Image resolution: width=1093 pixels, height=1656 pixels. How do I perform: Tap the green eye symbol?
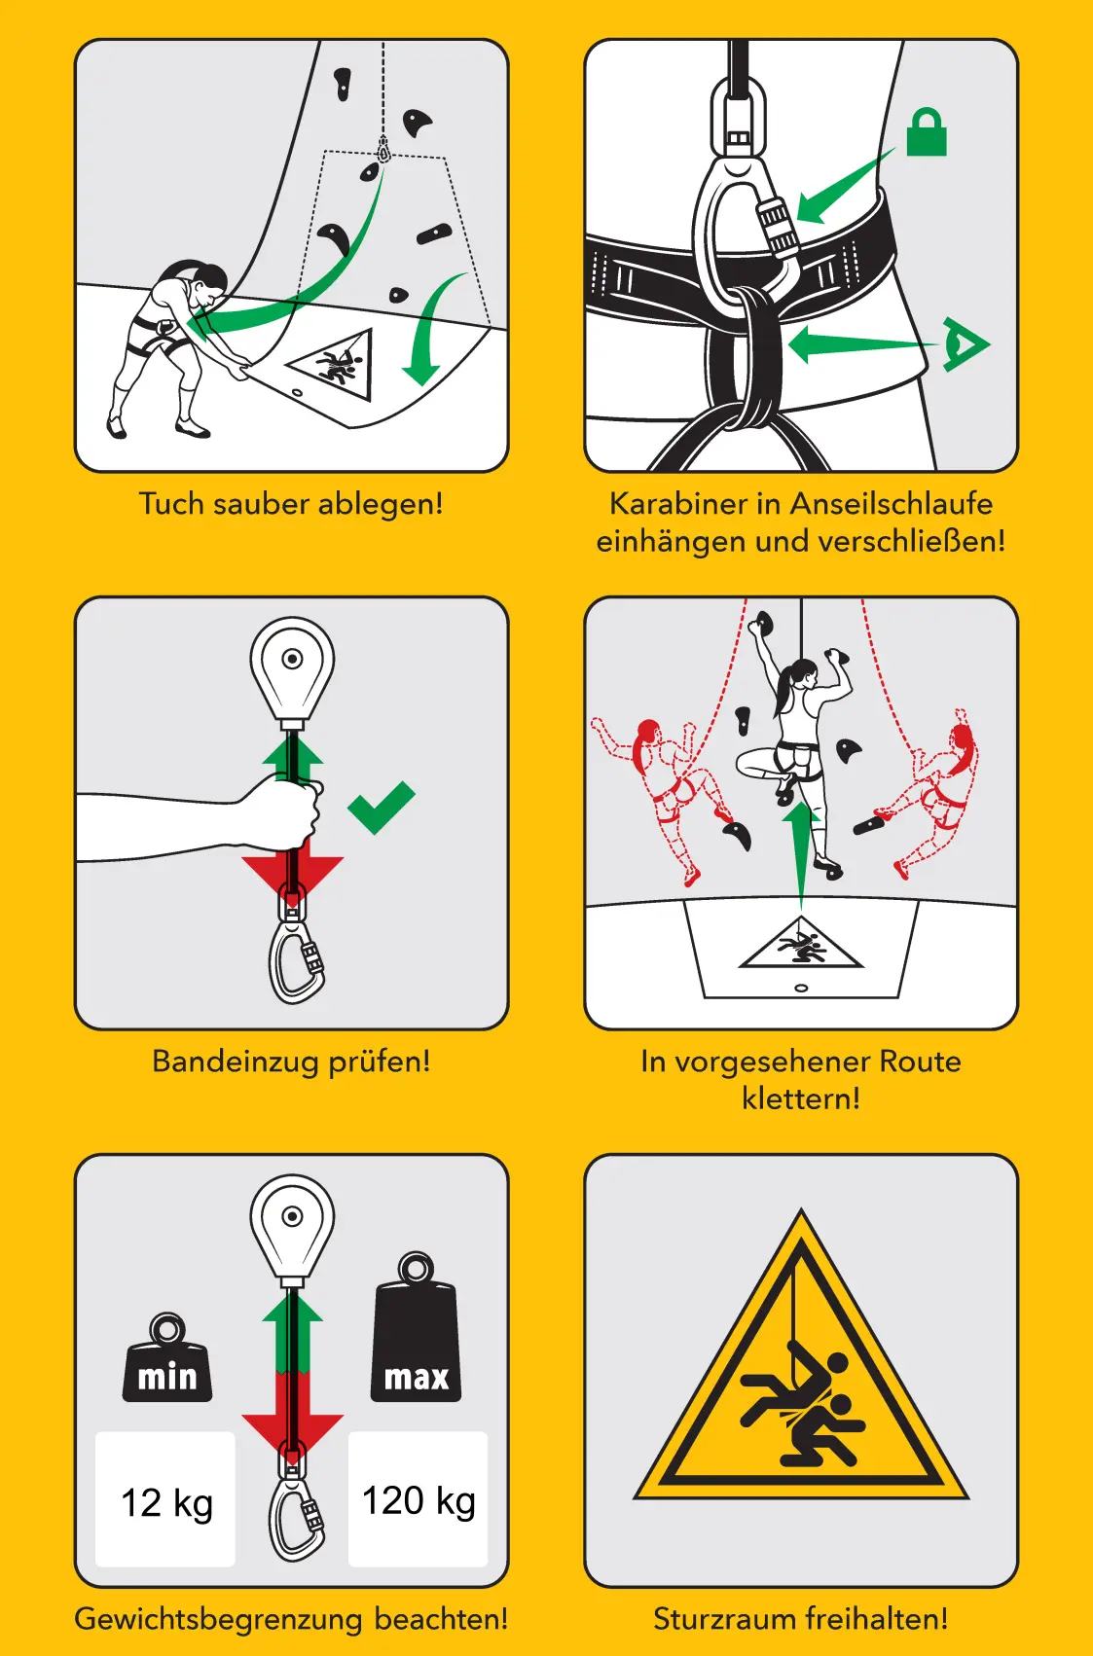965,344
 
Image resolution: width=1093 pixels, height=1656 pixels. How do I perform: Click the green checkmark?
381,808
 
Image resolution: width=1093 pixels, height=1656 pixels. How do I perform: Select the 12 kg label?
166,1503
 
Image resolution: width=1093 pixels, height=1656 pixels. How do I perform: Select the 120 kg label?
419,1501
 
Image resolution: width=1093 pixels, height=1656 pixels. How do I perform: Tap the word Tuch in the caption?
171,503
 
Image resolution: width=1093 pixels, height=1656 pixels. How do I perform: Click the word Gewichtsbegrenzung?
218,1619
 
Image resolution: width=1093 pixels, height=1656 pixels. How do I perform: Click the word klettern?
801,1098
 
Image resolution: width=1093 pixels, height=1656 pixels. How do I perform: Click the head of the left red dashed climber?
648,735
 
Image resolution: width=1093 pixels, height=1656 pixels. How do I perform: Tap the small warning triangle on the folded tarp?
331,365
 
